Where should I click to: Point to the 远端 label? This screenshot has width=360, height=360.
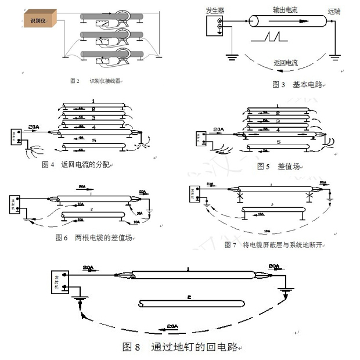334,11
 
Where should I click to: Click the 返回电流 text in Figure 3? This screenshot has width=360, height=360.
285,63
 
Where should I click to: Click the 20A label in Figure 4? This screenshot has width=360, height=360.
34,125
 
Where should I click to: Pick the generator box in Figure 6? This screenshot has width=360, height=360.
14,204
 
